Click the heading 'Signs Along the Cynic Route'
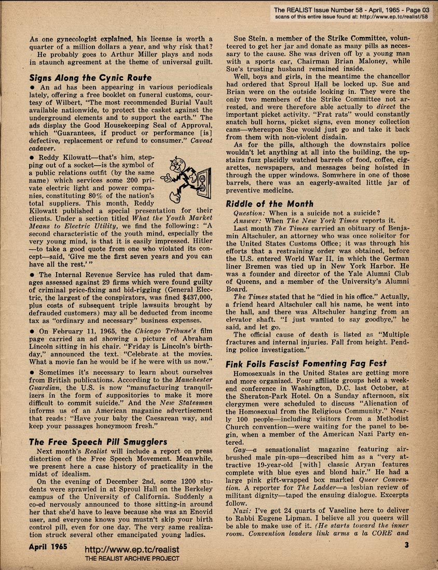[x=90, y=78]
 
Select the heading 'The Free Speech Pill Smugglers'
[x=98, y=442]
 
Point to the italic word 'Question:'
[x=252, y=213]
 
